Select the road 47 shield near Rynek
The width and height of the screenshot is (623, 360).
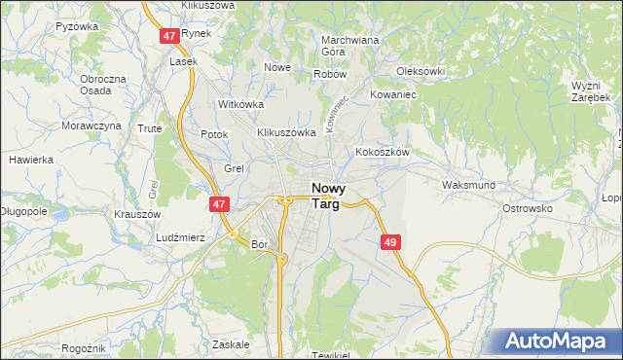tap(169, 35)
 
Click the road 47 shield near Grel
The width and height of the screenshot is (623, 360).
tap(220, 204)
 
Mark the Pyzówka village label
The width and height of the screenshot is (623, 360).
tap(78, 26)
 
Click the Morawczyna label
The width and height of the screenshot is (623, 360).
tap(92, 126)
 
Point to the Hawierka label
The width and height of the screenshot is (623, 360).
tap(30, 159)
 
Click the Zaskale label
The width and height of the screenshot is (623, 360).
tap(231, 344)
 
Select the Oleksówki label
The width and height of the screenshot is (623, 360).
tap(421, 71)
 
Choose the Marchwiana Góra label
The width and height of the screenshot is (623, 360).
tap(349, 46)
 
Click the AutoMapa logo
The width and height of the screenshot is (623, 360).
tap(555, 341)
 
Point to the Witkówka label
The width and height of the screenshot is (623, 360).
tap(241, 103)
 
